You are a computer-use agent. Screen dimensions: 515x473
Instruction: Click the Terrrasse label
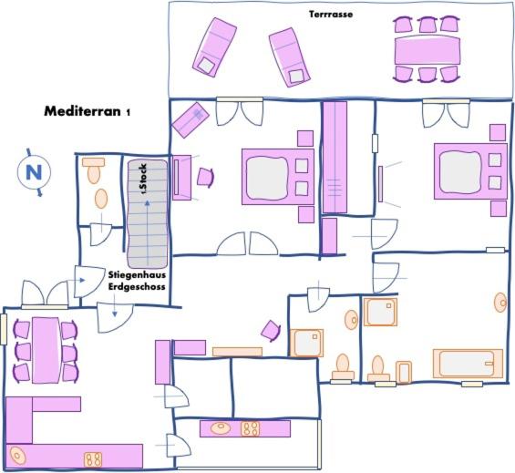click(331, 15)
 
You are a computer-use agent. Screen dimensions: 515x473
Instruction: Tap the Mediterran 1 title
click(87, 111)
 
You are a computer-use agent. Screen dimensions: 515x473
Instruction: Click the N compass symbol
click(34, 172)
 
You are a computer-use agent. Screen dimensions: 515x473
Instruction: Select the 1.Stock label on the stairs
click(144, 180)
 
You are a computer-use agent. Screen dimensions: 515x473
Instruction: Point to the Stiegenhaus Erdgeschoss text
click(137, 281)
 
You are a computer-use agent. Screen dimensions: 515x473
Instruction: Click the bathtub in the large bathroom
click(468, 364)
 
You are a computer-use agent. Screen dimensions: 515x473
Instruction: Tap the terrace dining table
click(427, 50)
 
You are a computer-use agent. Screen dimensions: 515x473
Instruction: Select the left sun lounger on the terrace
click(214, 47)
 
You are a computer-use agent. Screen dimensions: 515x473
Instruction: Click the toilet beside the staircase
click(94, 170)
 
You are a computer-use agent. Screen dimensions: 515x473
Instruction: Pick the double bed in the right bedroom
click(470, 170)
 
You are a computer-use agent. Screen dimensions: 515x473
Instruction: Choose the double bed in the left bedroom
click(278, 177)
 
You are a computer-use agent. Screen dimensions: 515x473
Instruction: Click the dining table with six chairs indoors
click(46, 350)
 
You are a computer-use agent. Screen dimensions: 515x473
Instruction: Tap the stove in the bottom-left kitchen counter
click(93, 459)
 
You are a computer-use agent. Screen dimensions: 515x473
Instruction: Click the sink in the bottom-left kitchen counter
click(17, 456)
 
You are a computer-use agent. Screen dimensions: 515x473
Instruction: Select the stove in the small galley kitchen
click(251, 428)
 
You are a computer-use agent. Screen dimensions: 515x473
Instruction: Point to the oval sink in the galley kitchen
click(221, 428)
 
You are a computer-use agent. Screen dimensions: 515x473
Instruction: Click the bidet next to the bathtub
click(404, 373)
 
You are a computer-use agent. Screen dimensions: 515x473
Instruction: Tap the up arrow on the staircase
click(148, 232)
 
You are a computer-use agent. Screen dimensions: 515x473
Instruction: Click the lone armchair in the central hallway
click(271, 331)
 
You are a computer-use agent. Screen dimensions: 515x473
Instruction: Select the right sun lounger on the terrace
click(289, 57)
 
